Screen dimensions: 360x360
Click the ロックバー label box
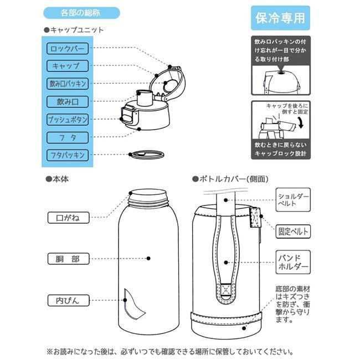click(67, 48)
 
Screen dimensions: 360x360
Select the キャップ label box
click(67, 66)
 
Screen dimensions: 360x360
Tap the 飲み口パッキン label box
click(67, 84)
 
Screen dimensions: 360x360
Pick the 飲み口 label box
click(67, 102)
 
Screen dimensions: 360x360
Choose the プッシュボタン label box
click(67, 120)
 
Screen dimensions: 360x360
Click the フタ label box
click(67, 137)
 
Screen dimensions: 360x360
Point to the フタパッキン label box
click(67, 155)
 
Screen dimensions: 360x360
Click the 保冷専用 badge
click(280, 18)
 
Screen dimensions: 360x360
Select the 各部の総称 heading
click(81, 12)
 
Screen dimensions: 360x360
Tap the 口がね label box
click(68, 218)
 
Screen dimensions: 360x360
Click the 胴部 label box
click(68, 259)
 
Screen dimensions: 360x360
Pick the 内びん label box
click(68, 300)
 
